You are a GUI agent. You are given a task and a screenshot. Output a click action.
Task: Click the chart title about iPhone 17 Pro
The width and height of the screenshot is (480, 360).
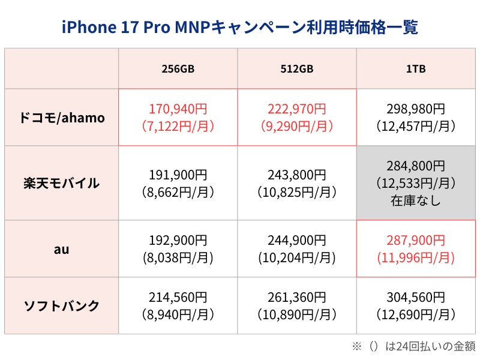click(240, 27)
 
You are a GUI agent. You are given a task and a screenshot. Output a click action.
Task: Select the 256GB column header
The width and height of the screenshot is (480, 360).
click(178, 68)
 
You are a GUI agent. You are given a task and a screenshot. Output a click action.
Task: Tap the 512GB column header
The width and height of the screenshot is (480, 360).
click(297, 68)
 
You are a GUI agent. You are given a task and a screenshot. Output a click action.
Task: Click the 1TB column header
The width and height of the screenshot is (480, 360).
click(416, 68)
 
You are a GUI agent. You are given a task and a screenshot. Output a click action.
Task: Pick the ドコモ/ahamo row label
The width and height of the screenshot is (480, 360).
click(62, 118)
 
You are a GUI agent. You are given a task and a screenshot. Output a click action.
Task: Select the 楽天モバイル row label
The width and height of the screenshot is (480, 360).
click(62, 183)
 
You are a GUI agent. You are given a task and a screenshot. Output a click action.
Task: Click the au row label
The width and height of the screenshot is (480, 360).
click(62, 248)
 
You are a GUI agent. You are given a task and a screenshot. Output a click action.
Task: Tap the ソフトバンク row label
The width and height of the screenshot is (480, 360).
click(62, 305)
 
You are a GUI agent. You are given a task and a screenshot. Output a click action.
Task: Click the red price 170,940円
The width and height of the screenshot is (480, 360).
click(178, 109)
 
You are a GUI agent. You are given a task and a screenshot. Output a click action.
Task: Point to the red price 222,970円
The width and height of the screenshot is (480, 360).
click(297, 109)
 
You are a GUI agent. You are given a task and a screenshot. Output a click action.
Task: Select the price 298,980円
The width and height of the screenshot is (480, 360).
click(416, 109)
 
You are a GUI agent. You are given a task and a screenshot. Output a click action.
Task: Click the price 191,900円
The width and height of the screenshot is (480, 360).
click(178, 175)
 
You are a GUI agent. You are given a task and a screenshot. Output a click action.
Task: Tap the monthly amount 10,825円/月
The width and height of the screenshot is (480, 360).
click(297, 193)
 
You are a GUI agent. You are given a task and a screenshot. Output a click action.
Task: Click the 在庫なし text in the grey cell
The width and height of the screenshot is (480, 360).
click(416, 201)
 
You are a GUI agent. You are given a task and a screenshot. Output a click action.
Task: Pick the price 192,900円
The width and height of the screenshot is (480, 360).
click(178, 241)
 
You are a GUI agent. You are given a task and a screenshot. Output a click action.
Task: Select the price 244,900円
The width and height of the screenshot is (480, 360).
click(297, 241)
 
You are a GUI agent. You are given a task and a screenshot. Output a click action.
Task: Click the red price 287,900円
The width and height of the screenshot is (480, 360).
click(416, 241)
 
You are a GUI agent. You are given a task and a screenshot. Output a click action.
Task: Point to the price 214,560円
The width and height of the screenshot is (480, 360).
click(178, 298)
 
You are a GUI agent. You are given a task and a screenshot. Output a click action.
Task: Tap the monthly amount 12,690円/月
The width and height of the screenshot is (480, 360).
click(416, 314)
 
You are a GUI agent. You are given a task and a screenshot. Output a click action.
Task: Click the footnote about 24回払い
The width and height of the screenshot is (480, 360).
click(413, 346)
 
